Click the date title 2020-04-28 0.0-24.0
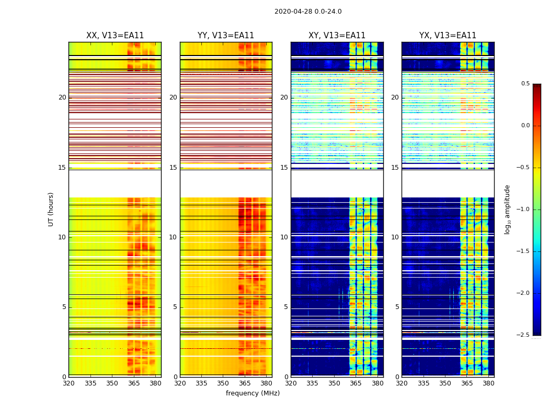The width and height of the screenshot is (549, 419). point(308,12)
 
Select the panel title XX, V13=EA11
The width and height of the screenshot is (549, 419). point(115,36)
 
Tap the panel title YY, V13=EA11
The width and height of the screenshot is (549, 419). point(226,36)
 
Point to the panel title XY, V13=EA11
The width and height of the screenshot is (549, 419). point(337,36)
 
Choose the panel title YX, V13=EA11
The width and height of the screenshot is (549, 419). point(448,36)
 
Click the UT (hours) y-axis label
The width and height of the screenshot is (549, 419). point(51,209)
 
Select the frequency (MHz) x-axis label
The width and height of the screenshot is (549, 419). point(253,393)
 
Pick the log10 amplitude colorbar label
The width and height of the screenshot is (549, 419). point(507,209)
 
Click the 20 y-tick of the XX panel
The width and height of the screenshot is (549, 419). point(62,97)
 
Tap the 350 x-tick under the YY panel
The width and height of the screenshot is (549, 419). point(223,383)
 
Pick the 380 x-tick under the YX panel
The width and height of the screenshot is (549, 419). point(488,383)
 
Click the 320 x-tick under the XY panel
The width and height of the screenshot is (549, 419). point(291,383)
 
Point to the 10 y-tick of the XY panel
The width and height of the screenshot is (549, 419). point(284,237)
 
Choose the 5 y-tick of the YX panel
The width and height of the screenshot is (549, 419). point(397,307)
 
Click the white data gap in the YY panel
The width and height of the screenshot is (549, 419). point(226,183)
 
